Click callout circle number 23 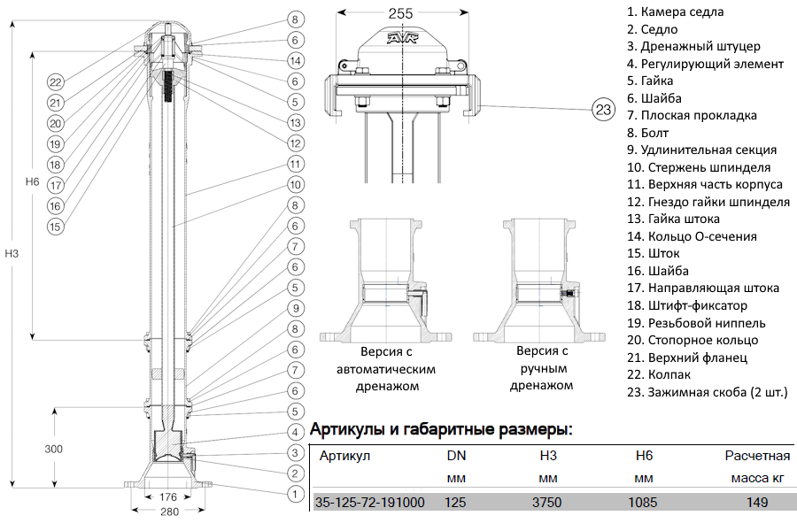(603, 110)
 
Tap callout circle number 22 (55, 82)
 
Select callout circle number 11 (296, 165)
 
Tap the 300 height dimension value (54, 450)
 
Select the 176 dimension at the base (169, 496)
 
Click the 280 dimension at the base (169, 512)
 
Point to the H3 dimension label (12, 254)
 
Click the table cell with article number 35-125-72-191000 (369, 503)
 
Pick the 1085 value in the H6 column (644, 503)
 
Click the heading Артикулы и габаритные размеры (440, 431)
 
